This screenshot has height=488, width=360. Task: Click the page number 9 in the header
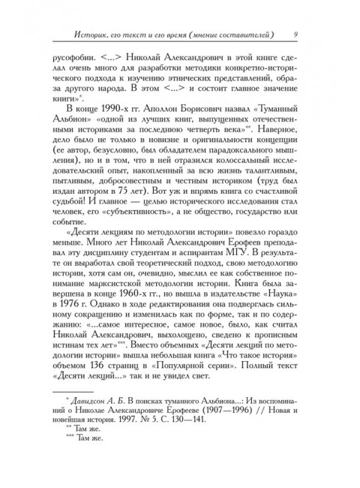click(x=297, y=33)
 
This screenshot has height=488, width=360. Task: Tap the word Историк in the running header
click(x=85, y=34)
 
